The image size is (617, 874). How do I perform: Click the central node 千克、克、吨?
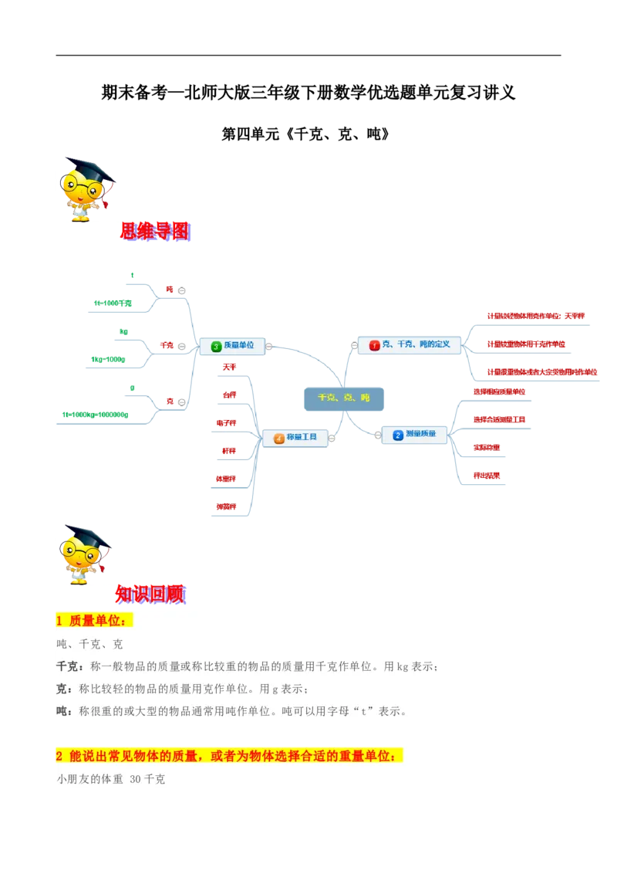point(344,398)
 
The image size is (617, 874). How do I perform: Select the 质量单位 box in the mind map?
point(232,346)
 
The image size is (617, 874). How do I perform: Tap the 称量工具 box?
point(295,438)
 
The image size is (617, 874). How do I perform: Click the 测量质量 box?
point(415,435)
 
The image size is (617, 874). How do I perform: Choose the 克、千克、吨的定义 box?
point(410,344)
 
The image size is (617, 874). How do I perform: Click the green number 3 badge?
point(216,347)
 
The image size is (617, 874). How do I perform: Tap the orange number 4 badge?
point(278,439)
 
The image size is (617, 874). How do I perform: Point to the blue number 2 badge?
point(397,435)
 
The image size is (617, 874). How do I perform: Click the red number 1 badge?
point(375,345)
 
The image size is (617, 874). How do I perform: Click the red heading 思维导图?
point(154,231)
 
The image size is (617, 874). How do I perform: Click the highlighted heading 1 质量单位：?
point(94,620)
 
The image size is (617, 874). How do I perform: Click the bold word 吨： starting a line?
point(66,711)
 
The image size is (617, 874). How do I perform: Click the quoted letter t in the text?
point(362,711)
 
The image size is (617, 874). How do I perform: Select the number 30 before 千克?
point(137,780)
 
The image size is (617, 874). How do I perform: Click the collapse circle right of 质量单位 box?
point(268,347)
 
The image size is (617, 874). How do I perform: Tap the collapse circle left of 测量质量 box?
point(378,435)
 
